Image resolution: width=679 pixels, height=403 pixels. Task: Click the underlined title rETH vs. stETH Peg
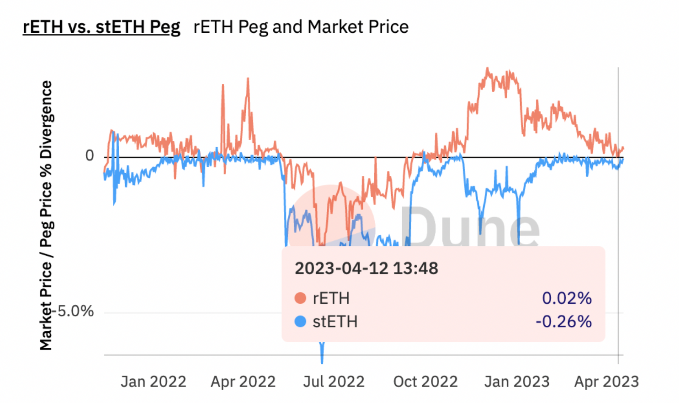tap(101, 27)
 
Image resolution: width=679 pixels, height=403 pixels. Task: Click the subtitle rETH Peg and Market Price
tap(301, 27)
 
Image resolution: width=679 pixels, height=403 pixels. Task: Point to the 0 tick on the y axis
tap(89, 156)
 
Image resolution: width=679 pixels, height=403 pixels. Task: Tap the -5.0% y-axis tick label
tap(76, 311)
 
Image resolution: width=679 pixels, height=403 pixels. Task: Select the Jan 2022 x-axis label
tap(153, 382)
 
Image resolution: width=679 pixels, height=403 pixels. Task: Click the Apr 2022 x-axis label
tap(243, 382)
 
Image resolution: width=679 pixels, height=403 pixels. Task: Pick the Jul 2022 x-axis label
tap(334, 382)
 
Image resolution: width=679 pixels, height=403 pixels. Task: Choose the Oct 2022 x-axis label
tap(425, 382)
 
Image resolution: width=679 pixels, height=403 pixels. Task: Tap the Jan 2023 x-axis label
tap(517, 382)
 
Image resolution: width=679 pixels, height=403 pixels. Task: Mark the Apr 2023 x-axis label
tap(606, 382)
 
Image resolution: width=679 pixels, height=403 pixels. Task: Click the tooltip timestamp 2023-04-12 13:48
tap(366, 268)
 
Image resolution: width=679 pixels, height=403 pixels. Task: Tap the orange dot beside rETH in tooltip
tap(300, 298)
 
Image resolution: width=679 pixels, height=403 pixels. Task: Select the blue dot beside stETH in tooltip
tap(300, 321)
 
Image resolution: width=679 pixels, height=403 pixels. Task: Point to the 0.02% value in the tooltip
tap(567, 298)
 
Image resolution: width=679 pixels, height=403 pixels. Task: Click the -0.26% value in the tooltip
tap(564, 321)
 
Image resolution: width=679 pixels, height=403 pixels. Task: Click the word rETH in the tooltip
tap(331, 299)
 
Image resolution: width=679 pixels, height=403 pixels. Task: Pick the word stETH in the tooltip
tap(335, 322)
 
